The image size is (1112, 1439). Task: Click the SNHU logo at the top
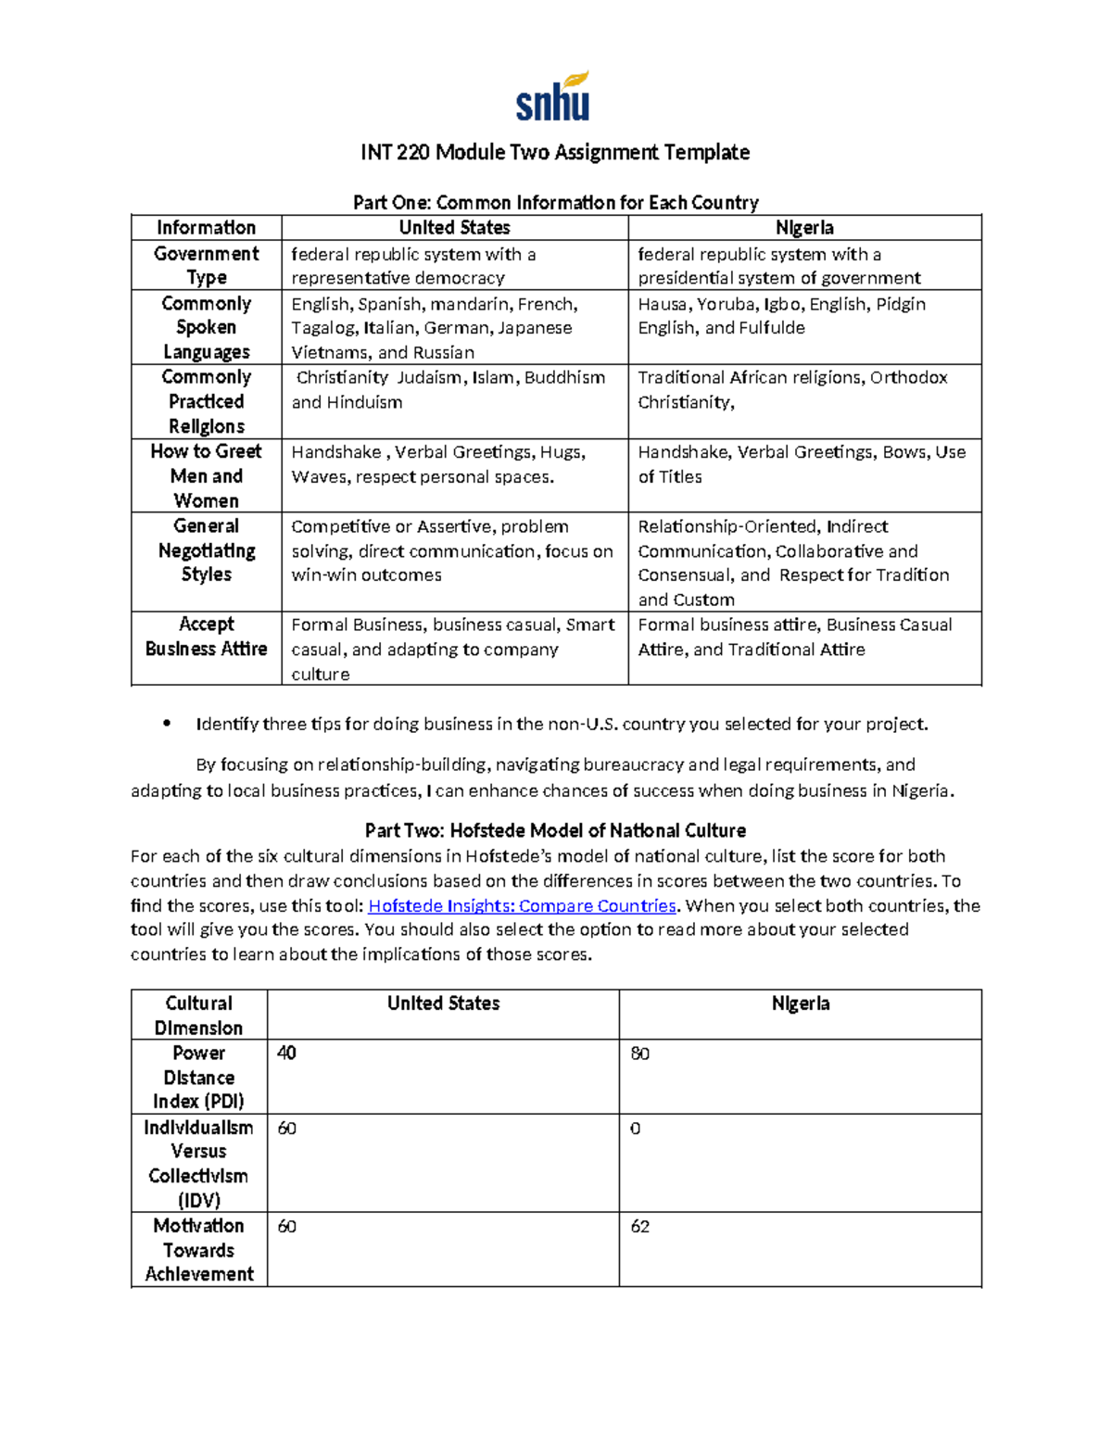(x=553, y=98)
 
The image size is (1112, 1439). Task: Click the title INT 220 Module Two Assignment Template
(x=555, y=152)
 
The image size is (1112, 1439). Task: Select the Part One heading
(x=555, y=202)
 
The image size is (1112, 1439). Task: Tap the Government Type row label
(x=206, y=265)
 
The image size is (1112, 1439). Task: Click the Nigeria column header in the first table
(x=803, y=228)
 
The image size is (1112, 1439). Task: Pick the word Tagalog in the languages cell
(x=321, y=328)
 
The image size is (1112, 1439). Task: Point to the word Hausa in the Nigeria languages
(x=662, y=304)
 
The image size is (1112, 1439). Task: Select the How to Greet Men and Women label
(x=206, y=475)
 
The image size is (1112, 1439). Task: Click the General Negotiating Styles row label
(x=206, y=550)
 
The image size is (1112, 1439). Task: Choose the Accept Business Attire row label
(x=206, y=637)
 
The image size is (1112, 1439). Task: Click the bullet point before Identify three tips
(x=167, y=724)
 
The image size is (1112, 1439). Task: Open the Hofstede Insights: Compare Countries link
(x=522, y=905)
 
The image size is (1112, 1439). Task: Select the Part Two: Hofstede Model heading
(x=555, y=830)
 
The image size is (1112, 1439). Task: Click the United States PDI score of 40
(x=286, y=1054)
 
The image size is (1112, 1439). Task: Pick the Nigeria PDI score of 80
(x=639, y=1054)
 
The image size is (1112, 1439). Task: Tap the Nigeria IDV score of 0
(x=635, y=1129)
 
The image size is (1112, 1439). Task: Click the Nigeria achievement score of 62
(x=639, y=1227)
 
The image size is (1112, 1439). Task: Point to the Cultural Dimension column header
(x=198, y=1015)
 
